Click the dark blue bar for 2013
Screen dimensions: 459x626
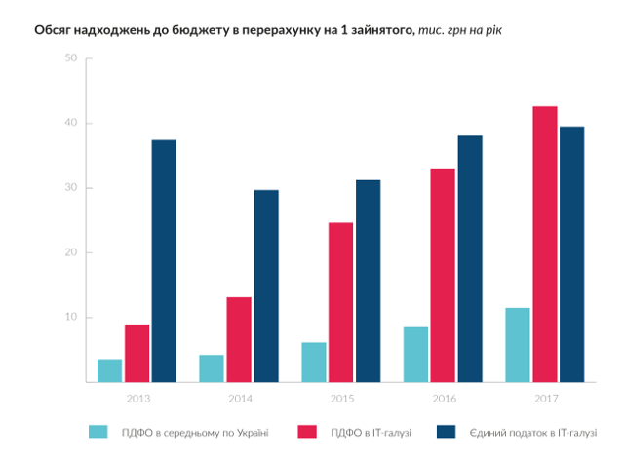164,260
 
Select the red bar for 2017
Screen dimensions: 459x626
544,244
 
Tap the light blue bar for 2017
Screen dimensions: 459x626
518,345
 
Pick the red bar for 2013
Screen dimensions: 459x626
137,353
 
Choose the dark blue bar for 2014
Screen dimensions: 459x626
266,286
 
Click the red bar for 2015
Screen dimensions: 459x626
340,302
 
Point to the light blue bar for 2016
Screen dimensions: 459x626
415,354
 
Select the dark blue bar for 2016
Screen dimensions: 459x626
469,258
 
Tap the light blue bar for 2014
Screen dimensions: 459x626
212,368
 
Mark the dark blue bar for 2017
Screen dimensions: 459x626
571,254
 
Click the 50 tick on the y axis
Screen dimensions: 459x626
70,58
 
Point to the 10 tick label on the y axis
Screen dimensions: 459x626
70,318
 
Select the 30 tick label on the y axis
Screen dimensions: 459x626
70,188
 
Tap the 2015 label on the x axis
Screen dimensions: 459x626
341,398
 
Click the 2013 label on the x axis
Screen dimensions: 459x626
137,398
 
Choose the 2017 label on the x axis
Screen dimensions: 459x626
545,398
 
